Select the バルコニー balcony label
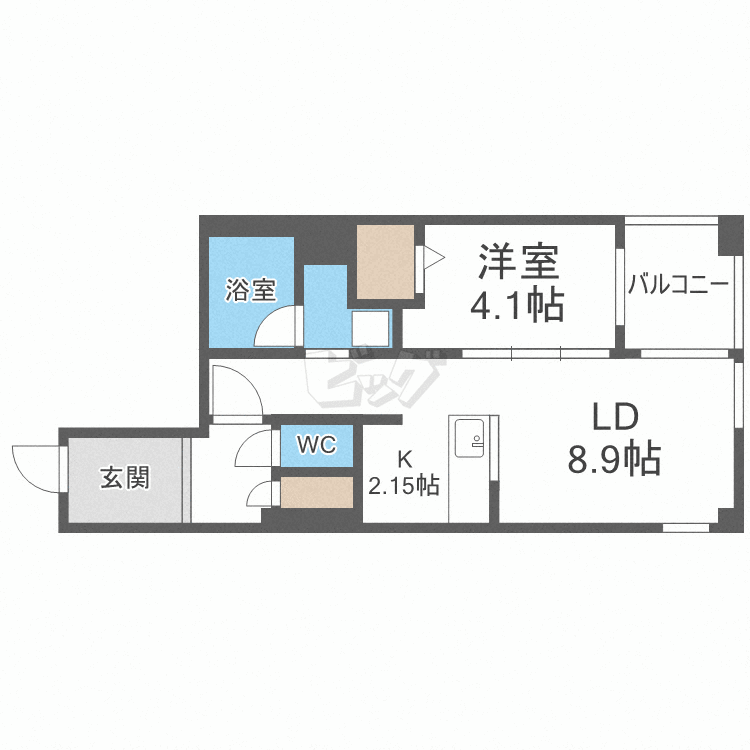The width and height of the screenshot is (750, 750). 678,285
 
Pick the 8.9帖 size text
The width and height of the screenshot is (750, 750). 613,459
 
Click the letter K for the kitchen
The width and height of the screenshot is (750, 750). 404,460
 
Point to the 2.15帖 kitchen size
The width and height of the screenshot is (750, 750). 404,487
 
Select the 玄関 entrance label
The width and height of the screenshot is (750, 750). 124,477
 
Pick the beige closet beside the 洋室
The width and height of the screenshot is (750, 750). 385,261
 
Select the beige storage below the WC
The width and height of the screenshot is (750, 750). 317,492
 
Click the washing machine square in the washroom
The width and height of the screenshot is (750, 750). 370,327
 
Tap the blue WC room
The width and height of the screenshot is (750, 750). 316,446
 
